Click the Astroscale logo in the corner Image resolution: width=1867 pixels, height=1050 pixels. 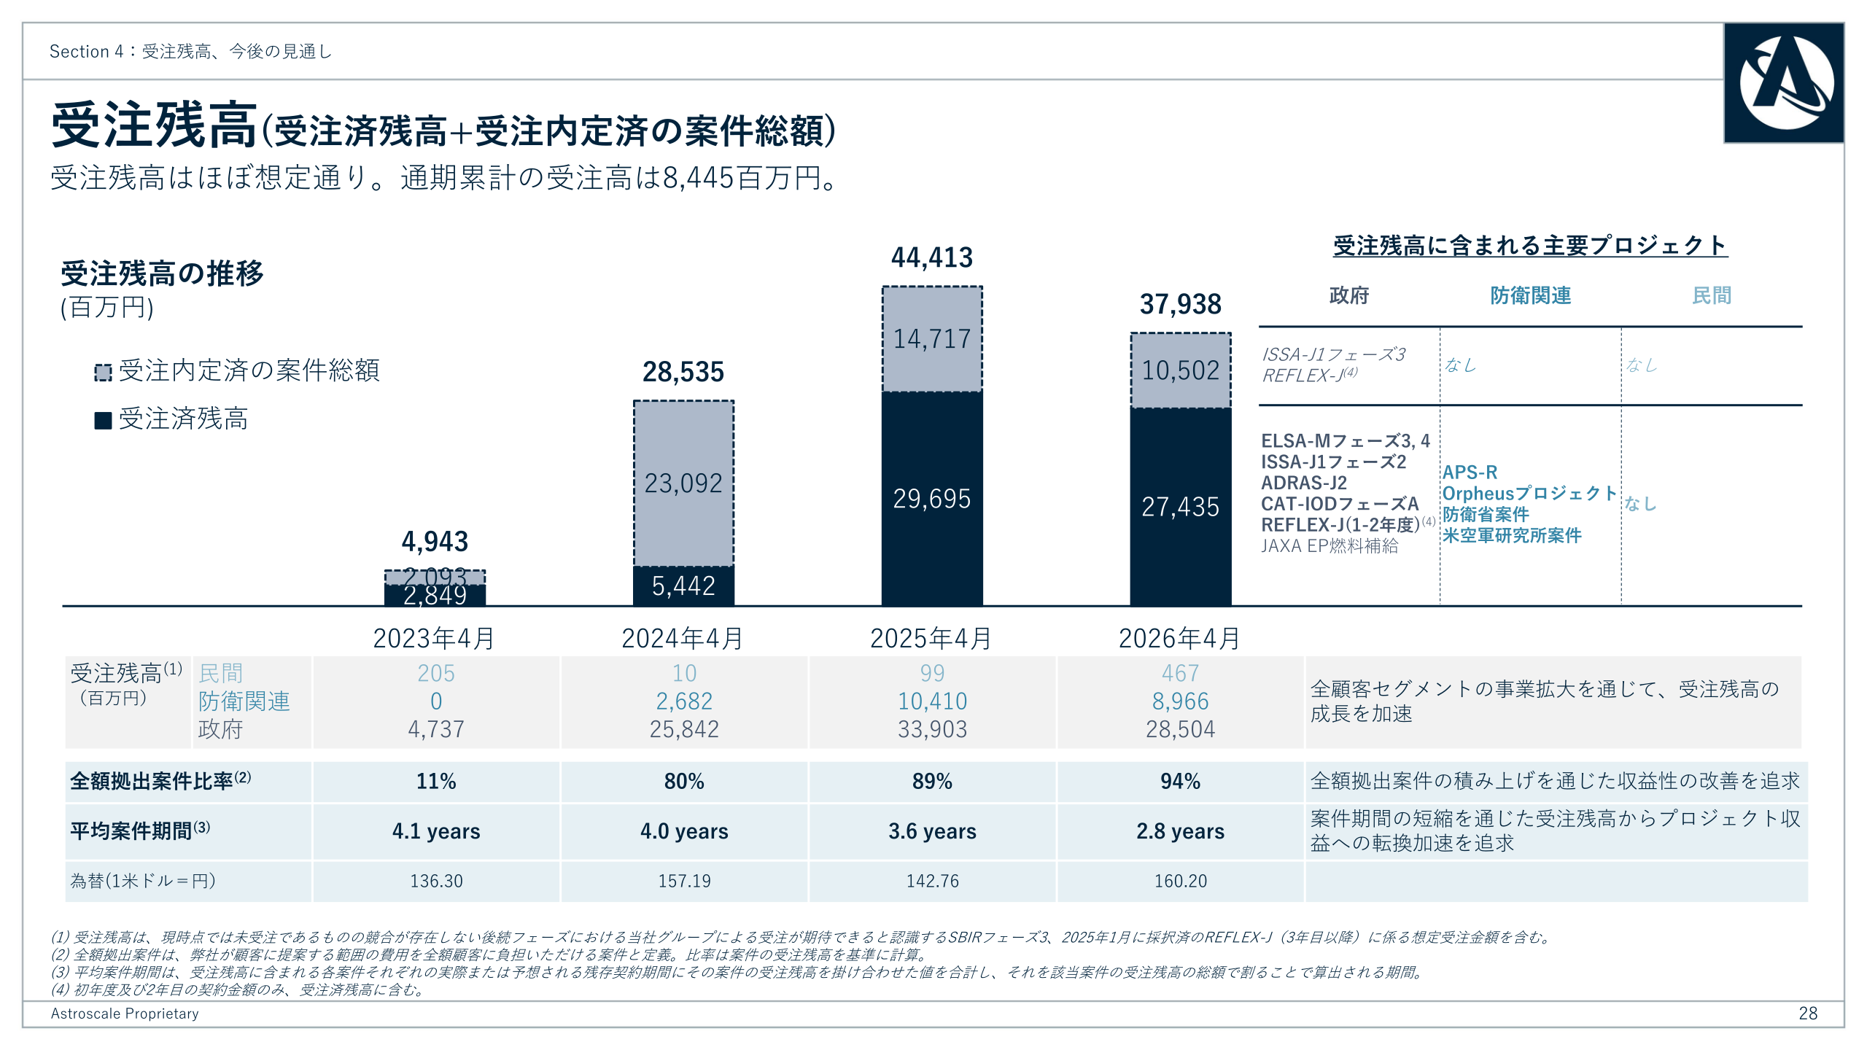(x=1784, y=83)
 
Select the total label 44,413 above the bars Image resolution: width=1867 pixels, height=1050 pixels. (x=932, y=257)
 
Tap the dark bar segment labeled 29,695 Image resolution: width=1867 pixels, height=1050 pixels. (x=932, y=499)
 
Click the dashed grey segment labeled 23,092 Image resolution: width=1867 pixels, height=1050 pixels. (x=683, y=483)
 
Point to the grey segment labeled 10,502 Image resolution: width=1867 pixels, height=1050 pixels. (x=1181, y=370)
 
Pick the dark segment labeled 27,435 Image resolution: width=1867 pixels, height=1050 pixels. (x=1181, y=507)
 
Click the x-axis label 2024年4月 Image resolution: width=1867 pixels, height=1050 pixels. (x=683, y=639)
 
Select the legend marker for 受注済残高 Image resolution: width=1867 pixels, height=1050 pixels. (x=103, y=421)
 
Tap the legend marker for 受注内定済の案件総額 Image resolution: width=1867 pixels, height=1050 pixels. (x=103, y=373)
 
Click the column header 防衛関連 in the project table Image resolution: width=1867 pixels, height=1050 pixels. (x=1530, y=295)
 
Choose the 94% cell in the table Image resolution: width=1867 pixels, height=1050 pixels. (x=1181, y=782)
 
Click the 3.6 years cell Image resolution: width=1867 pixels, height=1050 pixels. (x=932, y=831)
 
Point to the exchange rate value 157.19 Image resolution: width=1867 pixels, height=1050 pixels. (x=684, y=881)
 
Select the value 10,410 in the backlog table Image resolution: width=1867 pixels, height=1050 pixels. (x=932, y=701)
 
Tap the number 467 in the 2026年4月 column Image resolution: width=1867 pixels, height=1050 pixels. (x=1181, y=673)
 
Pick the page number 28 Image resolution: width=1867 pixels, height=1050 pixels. (x=1808, y=1014)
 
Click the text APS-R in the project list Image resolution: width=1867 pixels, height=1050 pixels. (x=1470, y=472)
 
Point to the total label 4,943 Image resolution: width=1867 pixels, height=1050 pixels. (x=435, y=542)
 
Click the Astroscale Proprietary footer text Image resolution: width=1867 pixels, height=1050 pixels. (x=125, y=1014)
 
